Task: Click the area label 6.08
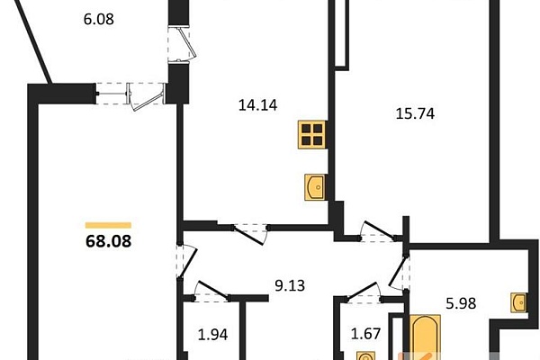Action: [x=98, y=19]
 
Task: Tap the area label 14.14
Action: [x=257, y=105]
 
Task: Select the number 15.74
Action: [x=415, y=113]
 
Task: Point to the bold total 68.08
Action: [x=109, y=241]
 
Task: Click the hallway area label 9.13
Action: [x=290, y=285]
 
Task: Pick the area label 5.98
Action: [x=461, y=303]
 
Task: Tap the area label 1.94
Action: [x=212, y=335]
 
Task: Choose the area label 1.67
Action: [x=365, y=334]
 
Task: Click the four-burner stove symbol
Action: [x=312, y=134]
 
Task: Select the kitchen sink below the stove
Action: [x=315, y=187]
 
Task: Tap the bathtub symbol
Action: [x=426, y=337]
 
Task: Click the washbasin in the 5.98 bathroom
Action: [x=518, y=302]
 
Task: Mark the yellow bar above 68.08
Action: [x=109, y=225]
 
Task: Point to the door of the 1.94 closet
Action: [x=211, y=291]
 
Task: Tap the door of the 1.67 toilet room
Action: [x=364, y=292]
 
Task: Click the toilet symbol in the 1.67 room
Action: [x=365, y=356]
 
